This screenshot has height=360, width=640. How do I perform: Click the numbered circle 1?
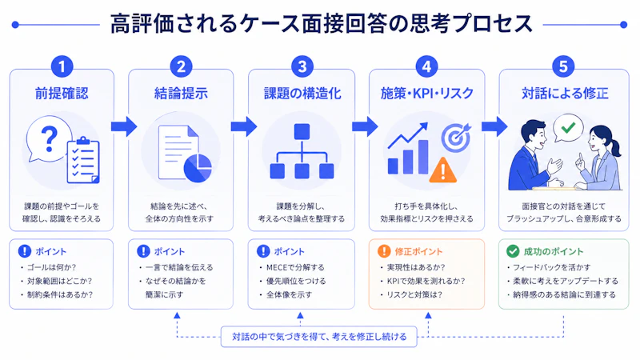pyautogui.click(x=62, y=66)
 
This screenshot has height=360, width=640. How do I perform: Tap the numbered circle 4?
pyautogui.click(x=426, y=66)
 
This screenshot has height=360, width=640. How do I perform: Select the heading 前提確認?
pyautogui.click(x=62, y=94)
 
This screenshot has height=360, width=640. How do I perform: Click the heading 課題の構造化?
pyautogui.click(x=302, y=94)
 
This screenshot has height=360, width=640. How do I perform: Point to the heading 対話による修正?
pyautogui.click(x=565, y=94)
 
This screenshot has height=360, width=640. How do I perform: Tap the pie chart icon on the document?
pyautogui.click(x=198, y=168)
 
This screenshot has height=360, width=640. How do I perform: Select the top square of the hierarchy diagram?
pyautogui.click(x=302, y=132)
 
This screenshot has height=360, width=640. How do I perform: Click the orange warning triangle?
pyautogui.click(x=443, y=170)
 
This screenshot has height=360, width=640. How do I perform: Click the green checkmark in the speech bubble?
pyautogui.click(x=568, y=128)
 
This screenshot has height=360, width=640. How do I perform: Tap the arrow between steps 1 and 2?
pyautogui.click(x=124, y=126)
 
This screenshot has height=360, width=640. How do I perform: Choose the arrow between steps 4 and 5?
pyautogui.click(x=494, y=126)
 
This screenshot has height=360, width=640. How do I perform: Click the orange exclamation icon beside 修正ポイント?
pyautogui.click(x=384, y=251)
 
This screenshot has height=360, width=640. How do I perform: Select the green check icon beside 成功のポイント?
pyautogui.click(x=513, y=251)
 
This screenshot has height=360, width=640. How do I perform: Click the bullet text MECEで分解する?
pyautogui.click(x=295, y=267)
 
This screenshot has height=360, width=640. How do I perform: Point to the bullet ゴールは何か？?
pyautogui.click(x=51, y=267)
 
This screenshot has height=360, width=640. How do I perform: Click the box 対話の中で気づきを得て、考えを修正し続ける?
pyautogui.click(x=318, y=337)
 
